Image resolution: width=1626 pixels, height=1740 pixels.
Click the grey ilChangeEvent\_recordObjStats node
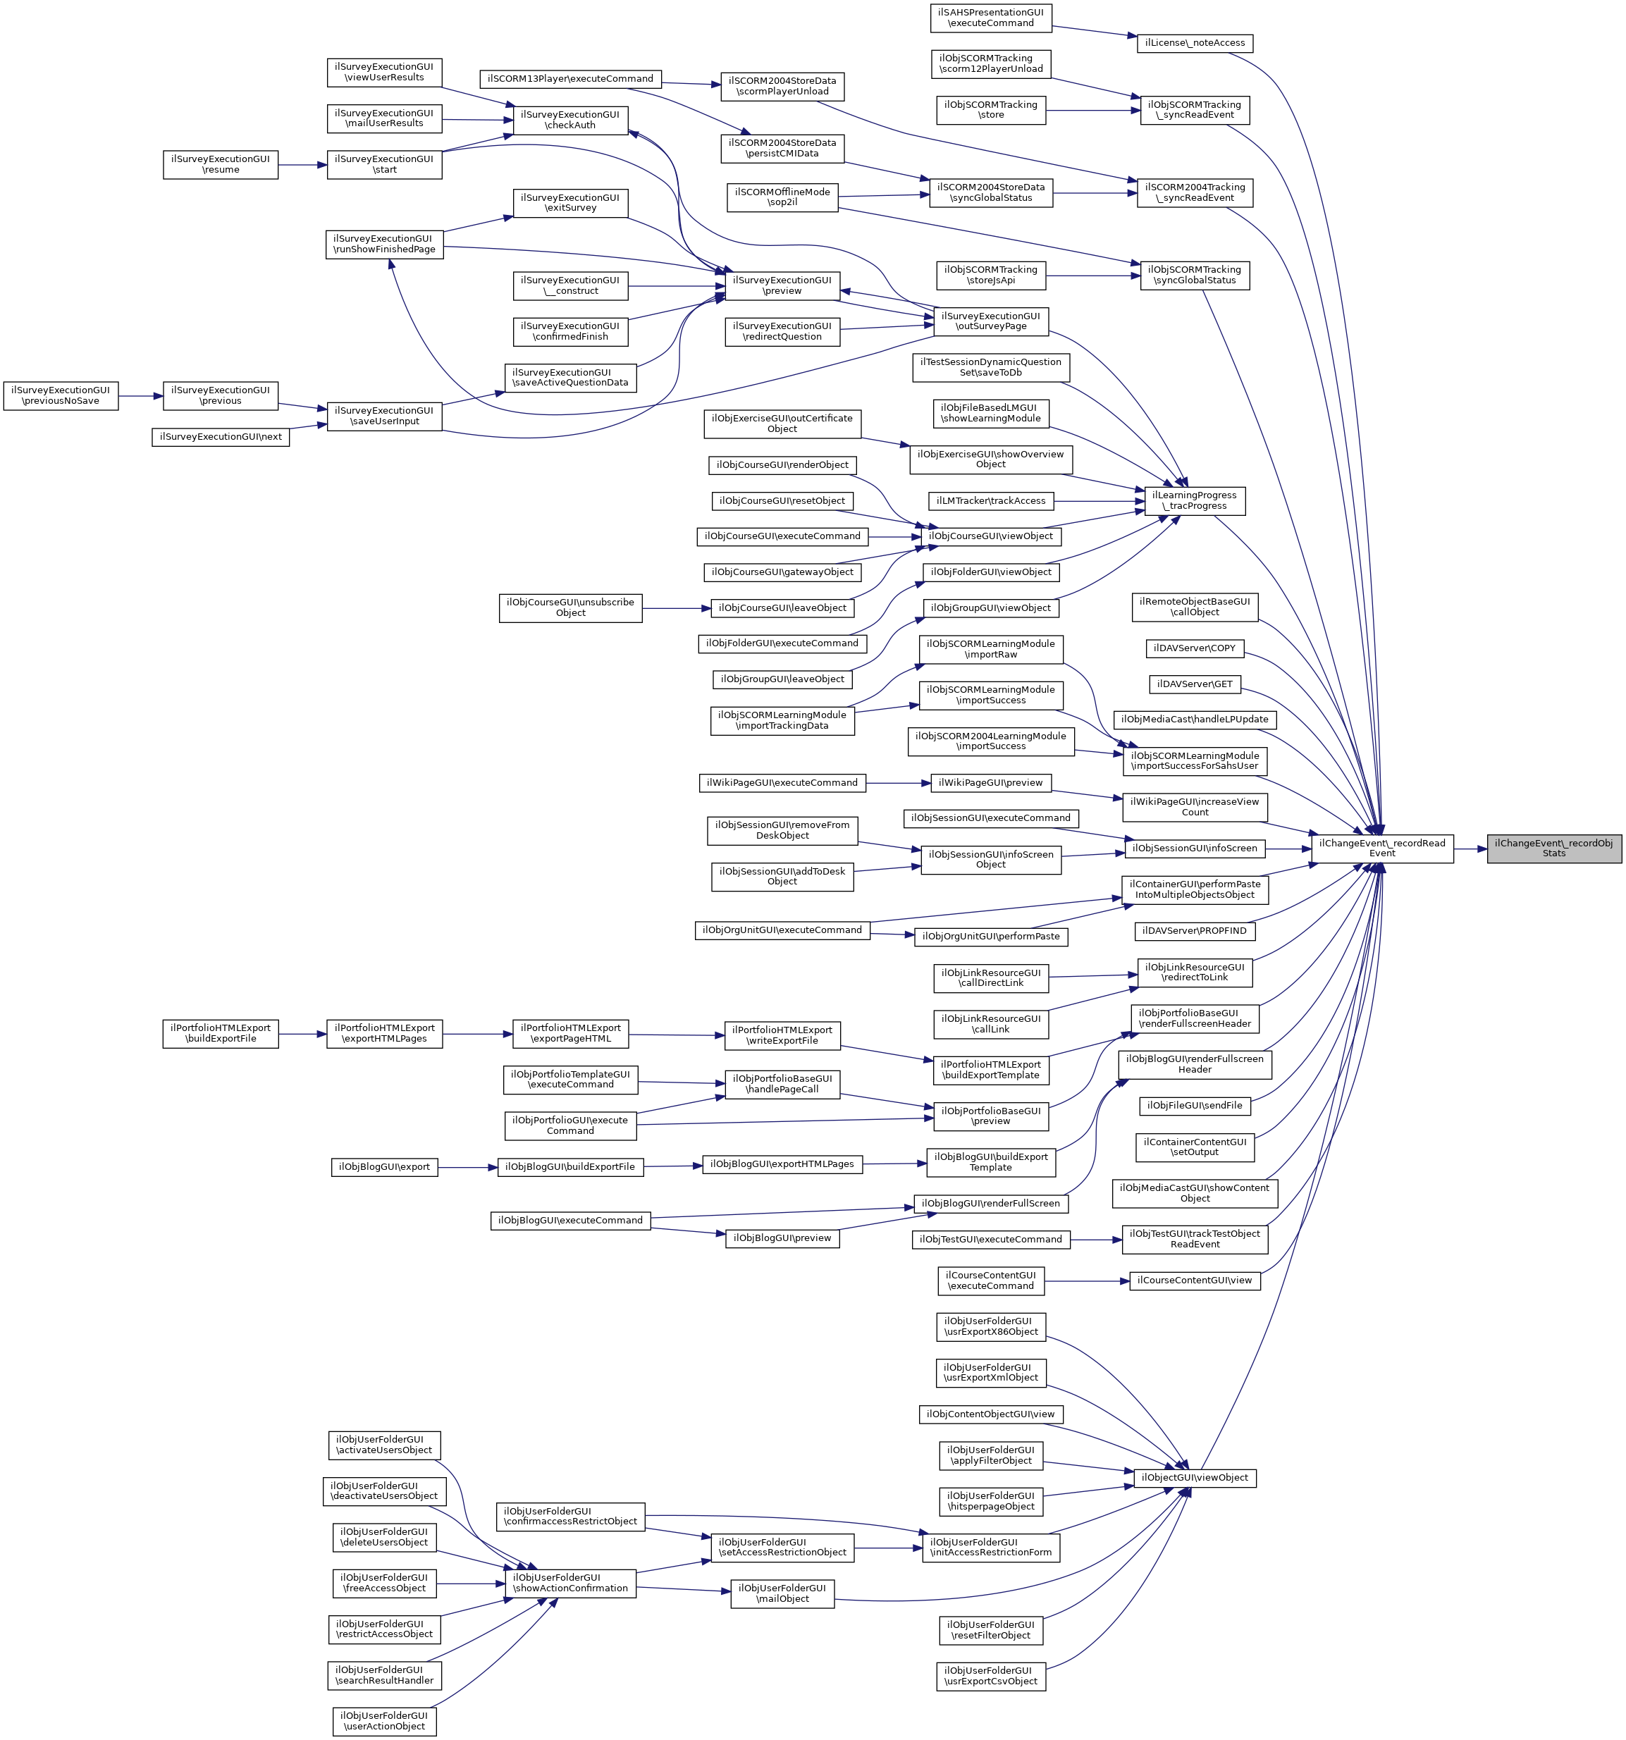tap(1553, 848)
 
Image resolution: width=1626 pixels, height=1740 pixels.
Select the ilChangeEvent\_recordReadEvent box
tap(1382, 848)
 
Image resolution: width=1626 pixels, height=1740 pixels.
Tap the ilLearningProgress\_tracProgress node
tap(1194, 500)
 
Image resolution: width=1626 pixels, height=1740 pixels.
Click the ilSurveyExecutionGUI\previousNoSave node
tap(61, 395)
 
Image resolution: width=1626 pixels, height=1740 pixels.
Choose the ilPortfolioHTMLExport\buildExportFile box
tap(221, 1034)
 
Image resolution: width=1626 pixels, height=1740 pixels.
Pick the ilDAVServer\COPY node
tap(1195, 648)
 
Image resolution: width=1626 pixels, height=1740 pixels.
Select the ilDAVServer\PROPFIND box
tap(1194, 931)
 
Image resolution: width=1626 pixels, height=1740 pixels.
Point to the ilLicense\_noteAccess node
tap(1194, 43)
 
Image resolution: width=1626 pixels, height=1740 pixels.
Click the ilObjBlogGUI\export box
tap(384, 1168)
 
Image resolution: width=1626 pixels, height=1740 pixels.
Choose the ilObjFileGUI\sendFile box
tap(1194, 1106)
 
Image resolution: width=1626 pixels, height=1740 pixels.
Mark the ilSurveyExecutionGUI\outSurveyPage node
tap(991, 321)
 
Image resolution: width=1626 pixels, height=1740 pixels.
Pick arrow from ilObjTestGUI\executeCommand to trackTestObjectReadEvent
tap(1096, 1240)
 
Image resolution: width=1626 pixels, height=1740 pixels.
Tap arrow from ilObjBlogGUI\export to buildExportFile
tap(468, 1168)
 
